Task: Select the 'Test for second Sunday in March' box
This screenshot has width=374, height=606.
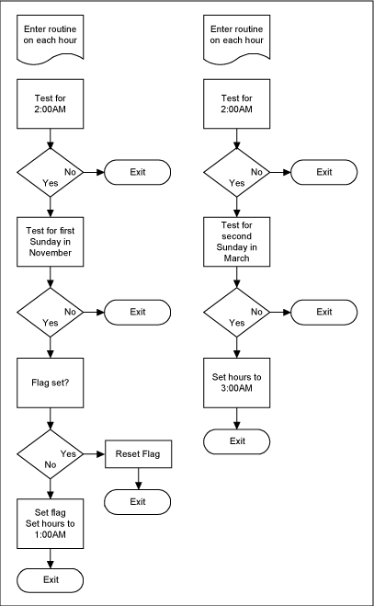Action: (x=237, y=241)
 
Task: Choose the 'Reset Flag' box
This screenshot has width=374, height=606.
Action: (x=138, y=454)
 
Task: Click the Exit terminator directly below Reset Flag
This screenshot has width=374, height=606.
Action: (x=138, y=501)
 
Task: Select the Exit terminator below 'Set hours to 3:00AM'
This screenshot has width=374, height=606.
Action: (x=237, y=441)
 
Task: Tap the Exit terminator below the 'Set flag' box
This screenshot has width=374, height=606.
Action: (x=51, y=580)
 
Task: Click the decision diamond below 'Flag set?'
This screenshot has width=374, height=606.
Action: (x=51, y=454)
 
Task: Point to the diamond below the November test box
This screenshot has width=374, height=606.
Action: (x=51, y=312)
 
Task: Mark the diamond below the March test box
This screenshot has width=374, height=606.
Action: (x=237, y=312)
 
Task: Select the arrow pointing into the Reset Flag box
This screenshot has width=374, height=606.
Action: (x=94, y=454)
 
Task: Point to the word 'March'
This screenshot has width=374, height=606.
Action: (x=237, y=258)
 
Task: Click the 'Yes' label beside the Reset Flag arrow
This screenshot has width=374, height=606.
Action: (x=68, y=453)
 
